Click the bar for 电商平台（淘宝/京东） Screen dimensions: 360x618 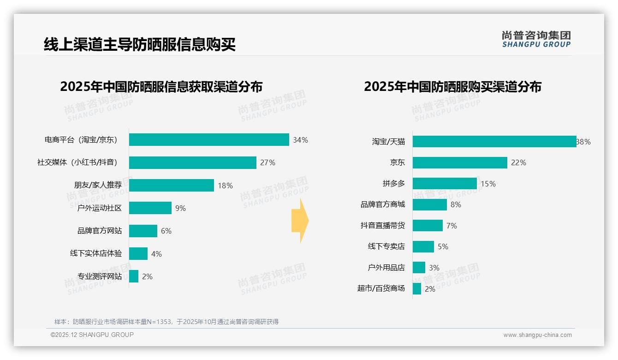[209, 140]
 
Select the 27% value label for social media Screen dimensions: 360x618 [267, 162]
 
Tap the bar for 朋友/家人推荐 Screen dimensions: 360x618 [172, 185]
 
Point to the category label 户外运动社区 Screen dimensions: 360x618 [100, 208]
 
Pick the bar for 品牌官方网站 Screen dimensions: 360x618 [143, 231]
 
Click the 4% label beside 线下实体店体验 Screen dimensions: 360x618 [156, 254]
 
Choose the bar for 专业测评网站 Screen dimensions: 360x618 [134, 276]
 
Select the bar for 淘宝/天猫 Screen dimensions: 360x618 [494, 142]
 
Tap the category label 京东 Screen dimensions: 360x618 [397, 162]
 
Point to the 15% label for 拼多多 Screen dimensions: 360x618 [488, 184]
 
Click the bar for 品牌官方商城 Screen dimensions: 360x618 [430, 204]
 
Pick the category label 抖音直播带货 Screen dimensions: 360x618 [383, 226]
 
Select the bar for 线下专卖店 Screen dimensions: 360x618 [423, 246]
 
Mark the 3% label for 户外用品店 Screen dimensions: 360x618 [434, 268]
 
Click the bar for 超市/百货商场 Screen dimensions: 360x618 [417, 289]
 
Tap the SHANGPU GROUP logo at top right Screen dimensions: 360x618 [536, 39]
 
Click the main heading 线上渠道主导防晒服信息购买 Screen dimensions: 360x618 [140, 45]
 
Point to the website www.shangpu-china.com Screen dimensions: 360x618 [537, 335]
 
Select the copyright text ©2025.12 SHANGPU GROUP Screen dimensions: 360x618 [92, 335]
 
